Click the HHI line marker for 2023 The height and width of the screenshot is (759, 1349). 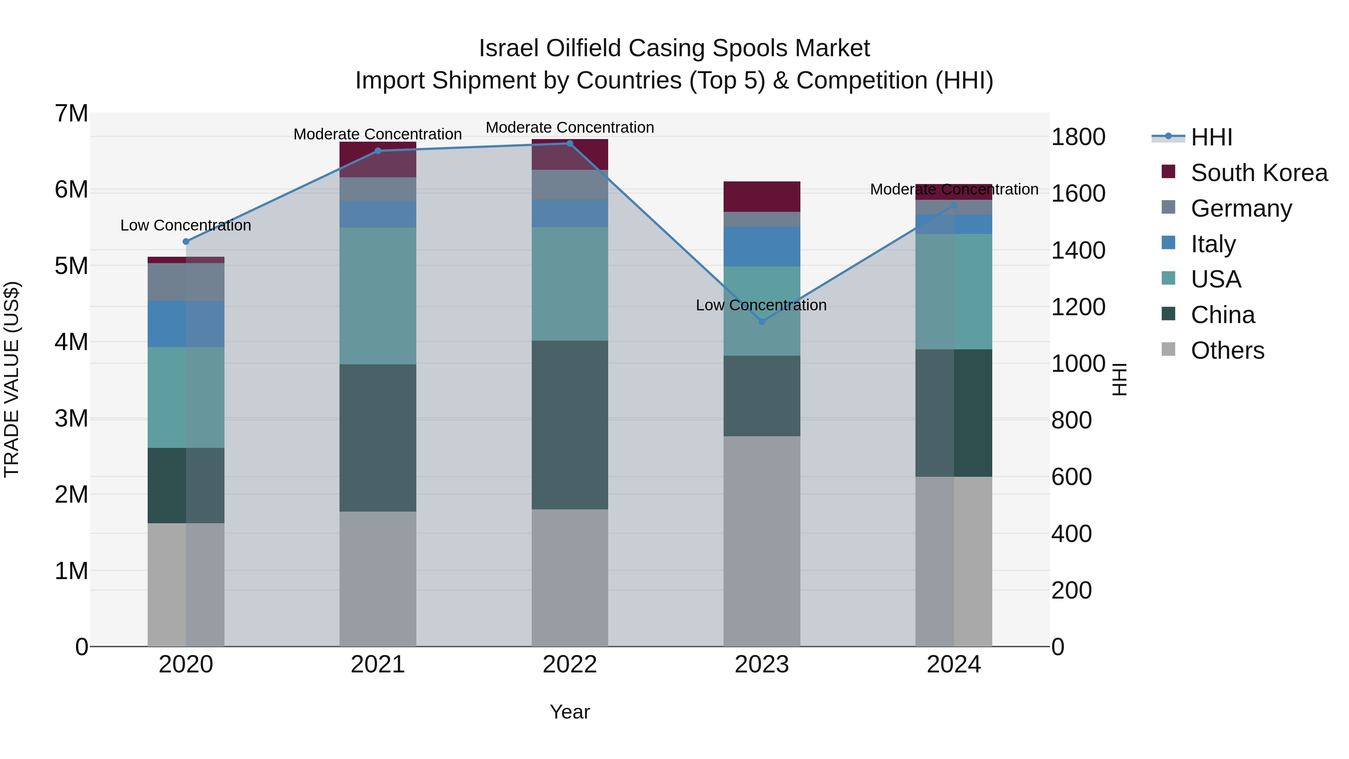(x=761, y=321)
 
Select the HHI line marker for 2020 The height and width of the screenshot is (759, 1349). (x=186, y=241)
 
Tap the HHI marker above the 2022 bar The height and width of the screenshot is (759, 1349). (x=570, y=143)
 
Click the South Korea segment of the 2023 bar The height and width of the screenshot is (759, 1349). (x=761, y=196)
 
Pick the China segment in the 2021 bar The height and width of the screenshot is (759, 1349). (x=378, y=437)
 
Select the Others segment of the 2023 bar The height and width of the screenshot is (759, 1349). (x=761, y=540)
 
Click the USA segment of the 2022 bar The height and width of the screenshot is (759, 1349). (x=570, y=283)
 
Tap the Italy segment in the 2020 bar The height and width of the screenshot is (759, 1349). (x=186, y=324)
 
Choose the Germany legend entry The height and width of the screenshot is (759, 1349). (x=1241, y=208)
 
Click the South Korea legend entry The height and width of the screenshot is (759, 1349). (x=1259, y=173)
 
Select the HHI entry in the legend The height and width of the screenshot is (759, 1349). (x=1211, y=137)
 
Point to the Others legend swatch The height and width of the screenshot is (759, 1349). (x=1168, y=349)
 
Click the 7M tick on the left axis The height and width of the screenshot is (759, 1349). (x=72, y=114)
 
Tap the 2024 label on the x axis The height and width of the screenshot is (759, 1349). (x=954, y=665)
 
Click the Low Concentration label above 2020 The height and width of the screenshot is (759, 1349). (x=186, y=225)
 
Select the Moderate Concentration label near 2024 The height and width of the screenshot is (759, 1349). (x=954, y=190)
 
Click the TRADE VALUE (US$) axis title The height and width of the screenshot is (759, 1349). (x=12, y=379)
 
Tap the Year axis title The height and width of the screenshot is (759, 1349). (x=570, y=712)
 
